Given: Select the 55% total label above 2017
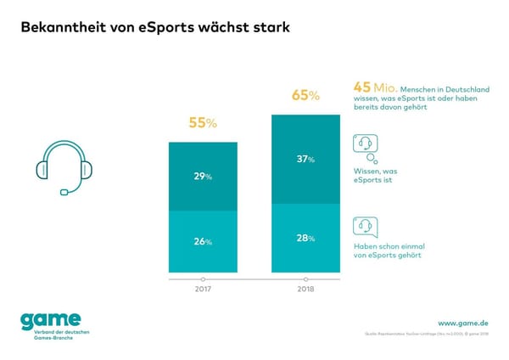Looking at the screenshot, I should click(203, 124).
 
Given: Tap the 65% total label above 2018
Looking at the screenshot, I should click(305, 95).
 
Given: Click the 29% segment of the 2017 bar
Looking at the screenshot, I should click(203, 177).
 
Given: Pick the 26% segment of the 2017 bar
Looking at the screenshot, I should click(203, 242).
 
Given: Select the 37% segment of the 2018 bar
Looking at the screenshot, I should click(305, 159).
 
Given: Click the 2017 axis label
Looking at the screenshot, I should click(203, 290).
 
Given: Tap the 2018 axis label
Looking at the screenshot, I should click(305, 290).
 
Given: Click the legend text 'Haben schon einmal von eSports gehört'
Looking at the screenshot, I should click(383, 250).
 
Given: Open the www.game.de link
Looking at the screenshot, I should click(462, 323).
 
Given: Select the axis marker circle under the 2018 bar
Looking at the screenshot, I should click(305, 278).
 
